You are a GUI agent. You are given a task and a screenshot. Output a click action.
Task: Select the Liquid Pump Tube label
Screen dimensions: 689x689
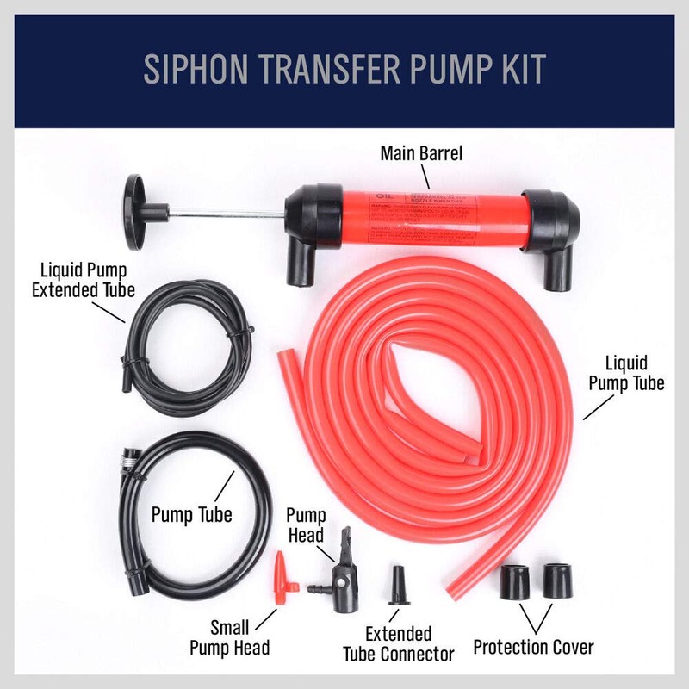626,374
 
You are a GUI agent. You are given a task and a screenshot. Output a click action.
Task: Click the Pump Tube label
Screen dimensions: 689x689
191,515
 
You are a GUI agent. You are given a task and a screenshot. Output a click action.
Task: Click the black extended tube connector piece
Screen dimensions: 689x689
399,587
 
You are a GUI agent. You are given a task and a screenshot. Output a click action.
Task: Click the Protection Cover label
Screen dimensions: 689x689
533,645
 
